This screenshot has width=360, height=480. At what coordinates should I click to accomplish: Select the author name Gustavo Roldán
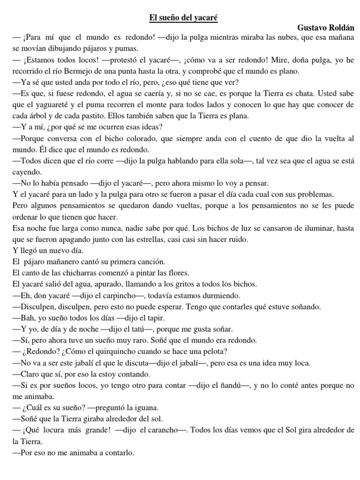tap(326, 28)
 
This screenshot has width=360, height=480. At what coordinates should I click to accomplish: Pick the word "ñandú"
tap(232, 385)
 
